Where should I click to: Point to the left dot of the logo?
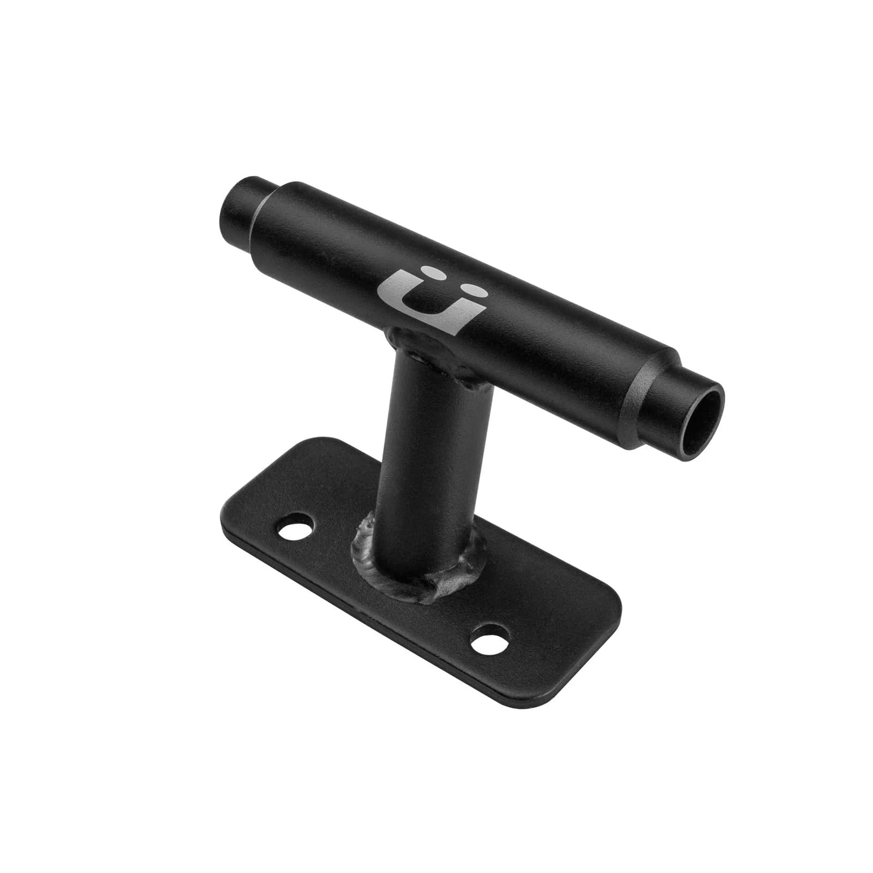(x=432, y=271)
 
